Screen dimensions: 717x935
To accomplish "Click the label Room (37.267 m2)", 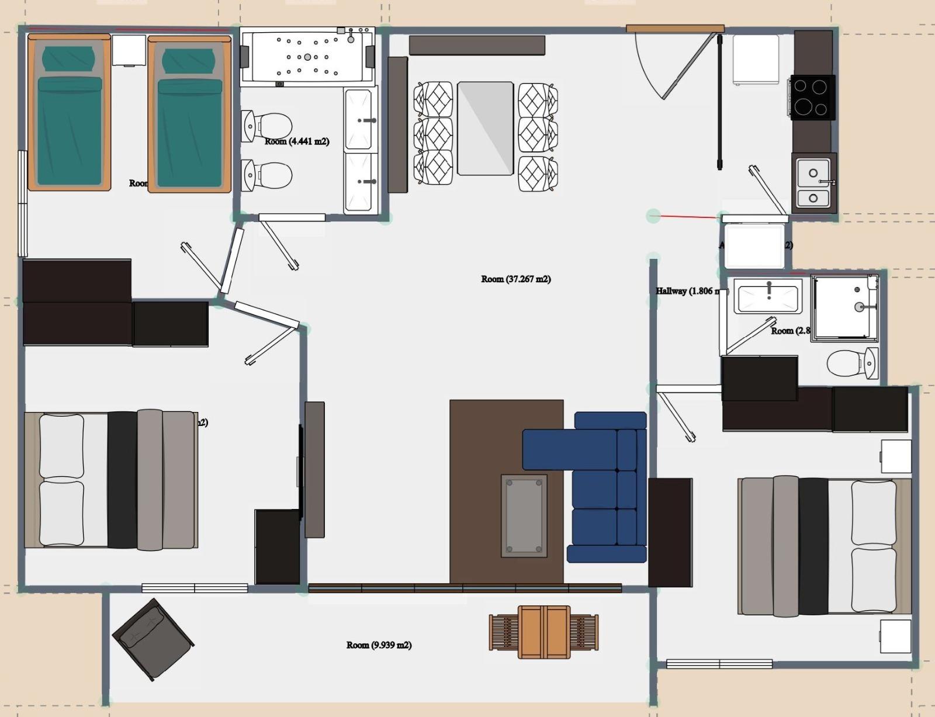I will (515, 279).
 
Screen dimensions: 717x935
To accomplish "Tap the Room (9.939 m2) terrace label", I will (379, 645).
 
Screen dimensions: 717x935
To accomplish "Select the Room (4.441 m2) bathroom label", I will (297, 141).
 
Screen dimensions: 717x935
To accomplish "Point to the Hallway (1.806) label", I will (686, 291).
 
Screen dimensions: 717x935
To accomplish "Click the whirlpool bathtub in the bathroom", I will (307, 57).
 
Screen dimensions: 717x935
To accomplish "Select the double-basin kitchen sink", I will (813, 182).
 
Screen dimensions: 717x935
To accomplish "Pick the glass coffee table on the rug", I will (524, 515).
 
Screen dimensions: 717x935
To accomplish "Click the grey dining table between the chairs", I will (485, 129).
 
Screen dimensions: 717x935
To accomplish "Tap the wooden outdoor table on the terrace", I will (544, 632).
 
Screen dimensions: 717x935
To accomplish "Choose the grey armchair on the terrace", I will (153, 639).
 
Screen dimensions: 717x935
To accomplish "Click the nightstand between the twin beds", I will (129, 50).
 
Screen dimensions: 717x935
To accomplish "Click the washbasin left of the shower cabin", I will (768, 296).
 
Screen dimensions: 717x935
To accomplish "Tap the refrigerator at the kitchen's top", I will (756, 59).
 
